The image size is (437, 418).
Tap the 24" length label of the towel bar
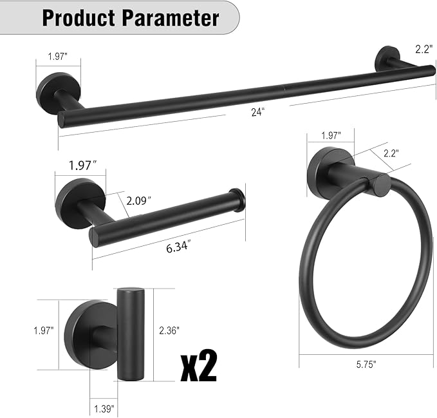coord(257,111)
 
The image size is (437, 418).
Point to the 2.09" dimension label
coord(138,200)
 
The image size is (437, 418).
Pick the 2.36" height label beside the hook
coord(169,330)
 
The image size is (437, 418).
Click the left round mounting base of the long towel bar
coord(50,93)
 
